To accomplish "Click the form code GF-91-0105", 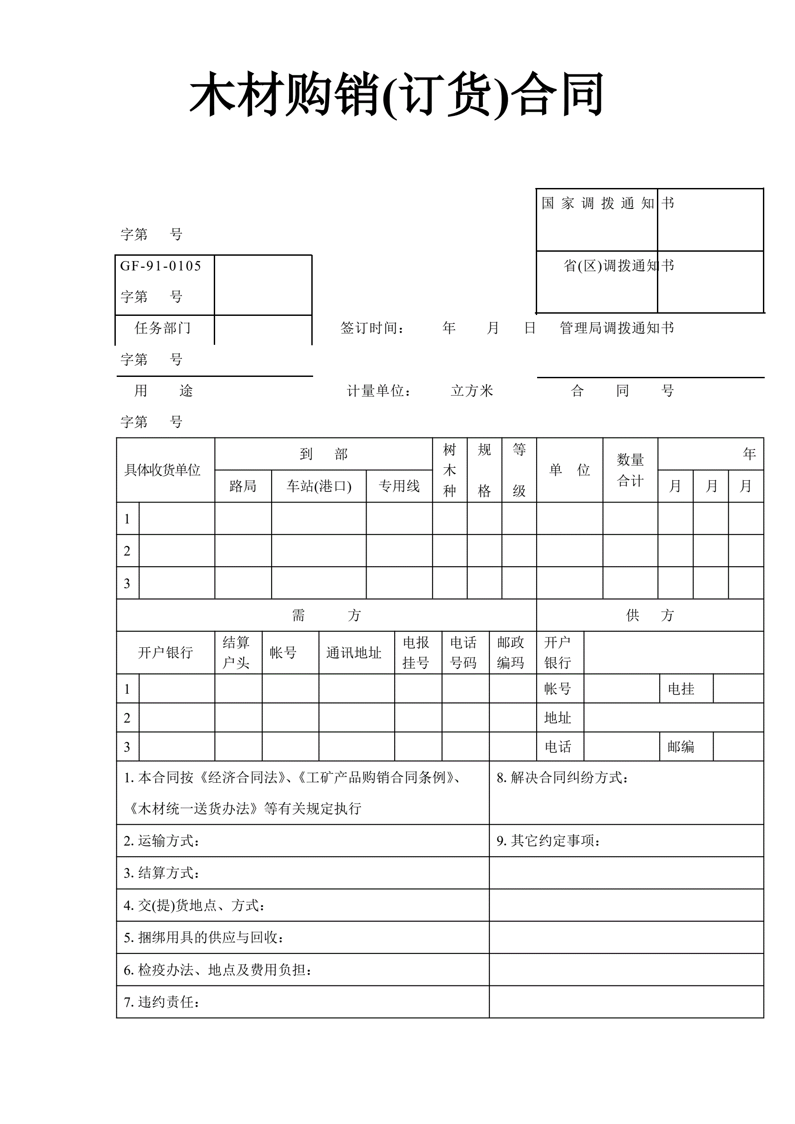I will (x=161, y=266).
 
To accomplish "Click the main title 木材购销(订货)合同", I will (x=396, y=94).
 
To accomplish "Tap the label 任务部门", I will (x=163, y=328).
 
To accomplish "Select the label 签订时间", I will (x=372, y=328).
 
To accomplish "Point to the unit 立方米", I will (x=472, y=391).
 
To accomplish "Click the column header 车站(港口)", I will (x=319, y=486).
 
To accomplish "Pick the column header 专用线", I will (x=399, y=486).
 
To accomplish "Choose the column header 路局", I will (x=243, y=486).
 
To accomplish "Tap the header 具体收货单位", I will (x=163, y=470).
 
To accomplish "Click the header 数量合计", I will (x=630, y=470).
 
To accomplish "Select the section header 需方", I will (x=326, y=615).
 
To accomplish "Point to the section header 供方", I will (x=650, y=615).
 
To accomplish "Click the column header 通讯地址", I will (x=354, y=653).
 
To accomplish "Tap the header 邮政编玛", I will (x=510, y=653).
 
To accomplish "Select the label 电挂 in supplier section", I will (x=681, y=689).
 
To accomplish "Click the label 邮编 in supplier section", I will (x=681, y=747).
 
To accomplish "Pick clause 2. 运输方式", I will (x=162, y=841).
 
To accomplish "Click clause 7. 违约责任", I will (x=162, y=1002).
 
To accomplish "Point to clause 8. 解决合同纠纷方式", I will (x=563, y=777).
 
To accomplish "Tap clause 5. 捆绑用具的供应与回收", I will (x=204, y=937).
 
